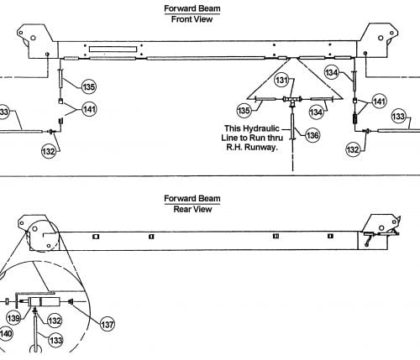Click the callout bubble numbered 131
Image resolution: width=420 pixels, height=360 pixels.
click(x=281, y=81)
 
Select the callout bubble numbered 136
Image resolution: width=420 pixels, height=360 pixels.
click(x=312, y=136)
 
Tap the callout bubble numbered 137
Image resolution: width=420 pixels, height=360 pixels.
click(x=108, y=324)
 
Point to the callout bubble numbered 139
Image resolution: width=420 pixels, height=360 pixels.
click(x=13, y=318)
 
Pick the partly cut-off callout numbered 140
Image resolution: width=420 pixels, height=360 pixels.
click(x=6, y=333)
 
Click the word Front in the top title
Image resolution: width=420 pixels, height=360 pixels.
click(x=179, y=19)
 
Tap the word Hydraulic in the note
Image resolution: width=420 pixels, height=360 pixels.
click(x=261, y=128)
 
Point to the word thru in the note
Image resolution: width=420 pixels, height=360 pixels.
click(x=275, y=138)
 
